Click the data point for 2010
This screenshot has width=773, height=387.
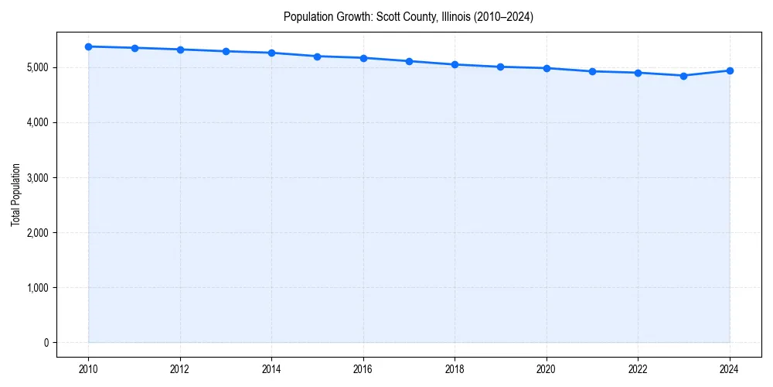coord(89,46)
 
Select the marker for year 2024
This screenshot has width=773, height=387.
coord(730,70)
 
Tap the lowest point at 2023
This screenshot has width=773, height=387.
coord(683,76)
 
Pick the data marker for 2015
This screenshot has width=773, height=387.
coord(318,57)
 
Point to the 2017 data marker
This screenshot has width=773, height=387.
coord(409,61)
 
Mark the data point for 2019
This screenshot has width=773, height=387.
coord(501,67)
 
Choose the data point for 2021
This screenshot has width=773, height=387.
coord(592,71)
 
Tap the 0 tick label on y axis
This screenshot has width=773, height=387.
coord(45,343)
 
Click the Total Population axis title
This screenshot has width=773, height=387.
coord(15,194)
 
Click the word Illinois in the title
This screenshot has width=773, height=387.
coord(452,16)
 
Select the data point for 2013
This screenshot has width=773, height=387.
coord(226,51)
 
